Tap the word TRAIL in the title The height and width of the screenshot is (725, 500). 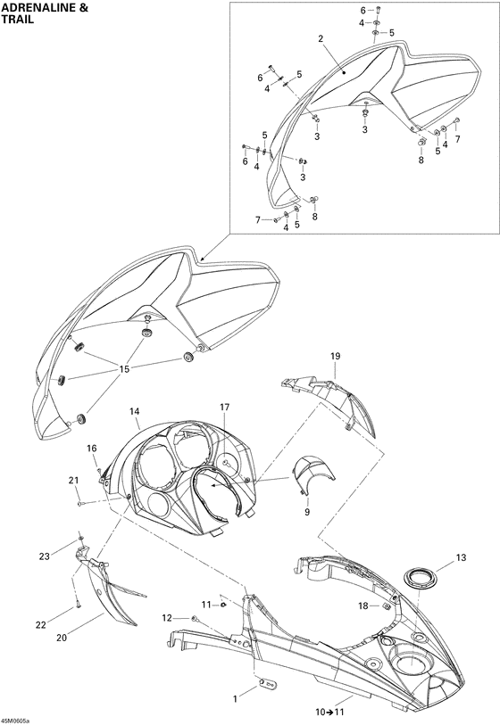pyautogui.click(x=17, y=20)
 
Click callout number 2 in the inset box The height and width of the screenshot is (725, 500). pyautogui.click(x=321, y=39)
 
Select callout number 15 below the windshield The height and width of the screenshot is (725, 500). pyautogui.click(x=124, y=369)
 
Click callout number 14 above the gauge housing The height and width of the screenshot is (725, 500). pyautogui.click(x=135, y=411)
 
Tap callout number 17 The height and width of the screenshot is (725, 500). pyautogui.click(x=224, y=408)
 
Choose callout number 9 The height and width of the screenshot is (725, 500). pyautogui.click(x=307, y=512)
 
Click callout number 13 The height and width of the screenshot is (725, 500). pyautogui.click(x=461, y=557)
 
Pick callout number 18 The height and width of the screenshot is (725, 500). pyautogui.click(x=363, y=606)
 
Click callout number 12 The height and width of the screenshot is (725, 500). pyautogui.click(x=167, y=618)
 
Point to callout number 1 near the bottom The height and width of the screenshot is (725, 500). pyautogui.click(x=235, y=699)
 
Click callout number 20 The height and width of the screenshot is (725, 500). pyautogui.click(x=62, y=638)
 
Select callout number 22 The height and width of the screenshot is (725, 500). pyautogui.click(x=41, y=625)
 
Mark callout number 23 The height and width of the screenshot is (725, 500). pyautogui.click(x=44, y=556)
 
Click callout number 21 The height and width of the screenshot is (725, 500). pyautogui.click(x=73, y=481)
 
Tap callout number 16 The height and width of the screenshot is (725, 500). pyautogui.click(x=92, y=448)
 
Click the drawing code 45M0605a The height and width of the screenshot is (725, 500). pyautogui.click(x=15, y=721)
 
